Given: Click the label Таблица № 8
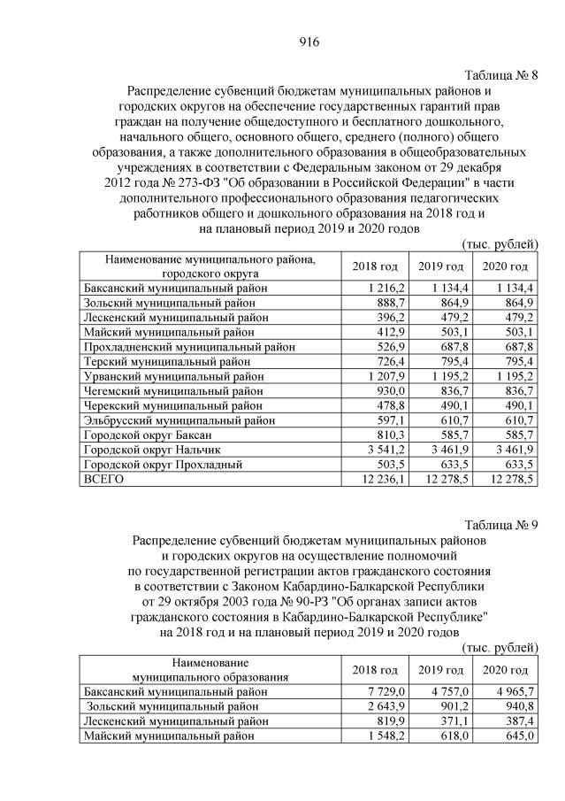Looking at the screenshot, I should [501, 74].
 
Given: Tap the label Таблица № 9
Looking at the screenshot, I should [501, 523].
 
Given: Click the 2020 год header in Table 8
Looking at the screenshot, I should [505, 266].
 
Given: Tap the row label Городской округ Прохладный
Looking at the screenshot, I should [157, 464].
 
